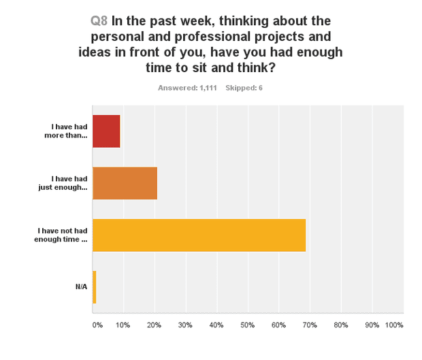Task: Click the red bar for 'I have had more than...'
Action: [106, 131]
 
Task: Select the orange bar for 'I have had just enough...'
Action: [125, 183]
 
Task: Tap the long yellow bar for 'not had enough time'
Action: [199, 235]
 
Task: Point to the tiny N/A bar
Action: [94, 287]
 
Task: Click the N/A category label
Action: [81, 287]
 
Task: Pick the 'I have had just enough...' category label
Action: [63, 183]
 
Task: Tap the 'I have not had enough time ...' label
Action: [61, 235]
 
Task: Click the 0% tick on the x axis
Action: [97, 325]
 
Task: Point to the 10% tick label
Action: [123, 325]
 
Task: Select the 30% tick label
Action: [185, 325]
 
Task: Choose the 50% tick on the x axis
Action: [247, 325]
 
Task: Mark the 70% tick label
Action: [310, 325]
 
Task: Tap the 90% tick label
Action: [372, 325]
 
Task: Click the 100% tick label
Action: [394, 325]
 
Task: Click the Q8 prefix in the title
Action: [99, 20]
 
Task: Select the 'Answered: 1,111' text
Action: [187, 88]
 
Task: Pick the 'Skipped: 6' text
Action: [244, 88]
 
